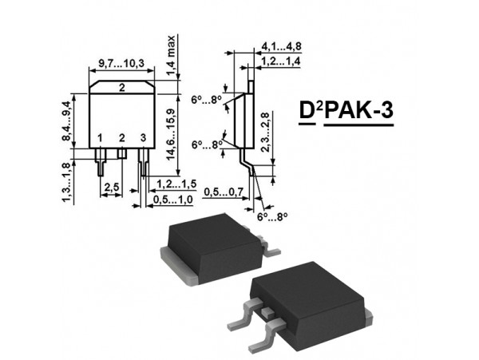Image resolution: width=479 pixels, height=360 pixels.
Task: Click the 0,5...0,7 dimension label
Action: [x=223, y=192]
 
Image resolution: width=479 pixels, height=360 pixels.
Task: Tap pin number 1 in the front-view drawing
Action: [x=101, y=139]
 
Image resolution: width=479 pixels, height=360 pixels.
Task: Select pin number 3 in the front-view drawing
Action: [x=143, y=139]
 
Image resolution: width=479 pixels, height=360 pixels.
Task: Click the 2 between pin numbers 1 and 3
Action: [x=121, y=139]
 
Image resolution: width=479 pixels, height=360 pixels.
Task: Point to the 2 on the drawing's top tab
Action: [x=121, y=87]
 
